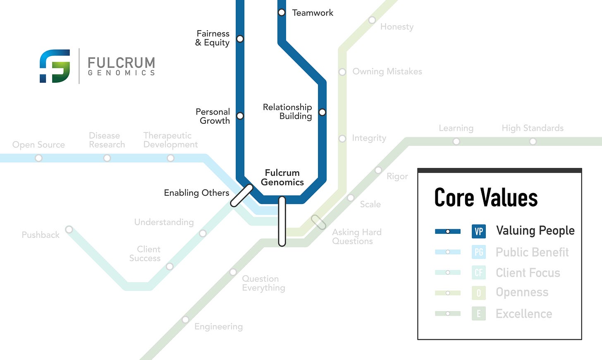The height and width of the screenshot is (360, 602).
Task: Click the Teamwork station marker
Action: coord(282,12)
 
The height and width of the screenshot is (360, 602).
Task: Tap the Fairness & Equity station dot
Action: coord(240,39)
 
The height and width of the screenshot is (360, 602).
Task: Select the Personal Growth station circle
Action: coord(240,116)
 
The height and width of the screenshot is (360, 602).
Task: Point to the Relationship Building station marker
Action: coord(322,112)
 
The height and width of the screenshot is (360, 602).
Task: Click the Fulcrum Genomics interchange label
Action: coord(282,178)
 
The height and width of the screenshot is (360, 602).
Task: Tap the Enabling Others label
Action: coord(196,193)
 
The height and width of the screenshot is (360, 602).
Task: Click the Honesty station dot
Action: coord(372,20)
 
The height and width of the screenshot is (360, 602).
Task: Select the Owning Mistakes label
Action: coord(387,72)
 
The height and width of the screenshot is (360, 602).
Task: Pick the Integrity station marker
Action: coord(342,139)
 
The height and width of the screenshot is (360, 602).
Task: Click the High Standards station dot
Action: coord(533,142)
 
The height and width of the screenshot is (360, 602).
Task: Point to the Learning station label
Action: coord(456,128)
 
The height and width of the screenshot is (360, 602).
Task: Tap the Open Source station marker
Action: coord(38,158)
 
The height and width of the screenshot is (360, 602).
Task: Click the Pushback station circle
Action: coord(69,229)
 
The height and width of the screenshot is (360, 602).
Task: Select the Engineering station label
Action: coord(218,326)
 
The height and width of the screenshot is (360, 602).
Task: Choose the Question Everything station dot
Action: coord(233,272)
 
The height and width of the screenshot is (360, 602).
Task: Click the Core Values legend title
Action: coord(486,197)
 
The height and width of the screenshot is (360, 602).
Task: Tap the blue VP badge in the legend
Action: coord(479,231)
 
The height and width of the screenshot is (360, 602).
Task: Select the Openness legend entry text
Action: coord(522,293)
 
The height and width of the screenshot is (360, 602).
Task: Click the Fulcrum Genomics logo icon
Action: coord(55,66)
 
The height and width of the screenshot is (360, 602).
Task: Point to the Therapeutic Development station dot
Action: coord(170,158)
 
